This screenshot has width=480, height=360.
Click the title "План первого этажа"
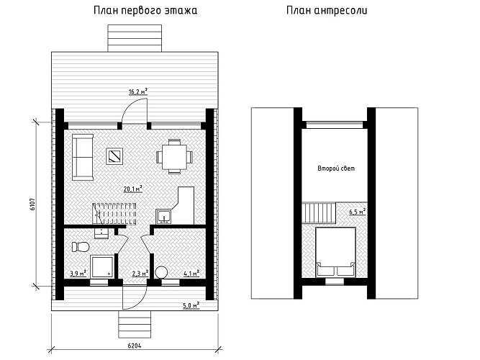(145, 11)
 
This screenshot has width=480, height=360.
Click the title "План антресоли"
(327, 11)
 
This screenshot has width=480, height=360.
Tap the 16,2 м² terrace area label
(137, 91)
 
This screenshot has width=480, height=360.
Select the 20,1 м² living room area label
(133, 189)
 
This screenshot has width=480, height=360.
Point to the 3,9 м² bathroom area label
(78, 273)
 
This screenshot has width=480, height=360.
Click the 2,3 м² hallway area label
(140, 273)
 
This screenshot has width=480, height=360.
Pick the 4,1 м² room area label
(191, 273)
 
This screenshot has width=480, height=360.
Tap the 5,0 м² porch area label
(191, 305)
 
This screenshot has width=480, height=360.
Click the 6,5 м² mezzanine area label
(358, 212)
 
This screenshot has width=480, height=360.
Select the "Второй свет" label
(336, 168)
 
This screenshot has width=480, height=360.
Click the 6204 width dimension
(135, 346)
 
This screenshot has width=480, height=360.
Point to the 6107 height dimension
(33, 204)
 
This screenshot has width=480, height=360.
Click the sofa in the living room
(83, 157)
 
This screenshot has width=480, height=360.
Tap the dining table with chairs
(174, 157)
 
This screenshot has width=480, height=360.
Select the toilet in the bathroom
(81, 247)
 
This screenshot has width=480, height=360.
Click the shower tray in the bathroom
(102, 267)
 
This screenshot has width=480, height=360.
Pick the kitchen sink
(164, 217)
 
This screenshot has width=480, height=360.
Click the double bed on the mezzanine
(335, 252)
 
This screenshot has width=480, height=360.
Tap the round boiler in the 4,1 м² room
(161, 272)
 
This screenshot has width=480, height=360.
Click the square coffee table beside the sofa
(115, 156)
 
